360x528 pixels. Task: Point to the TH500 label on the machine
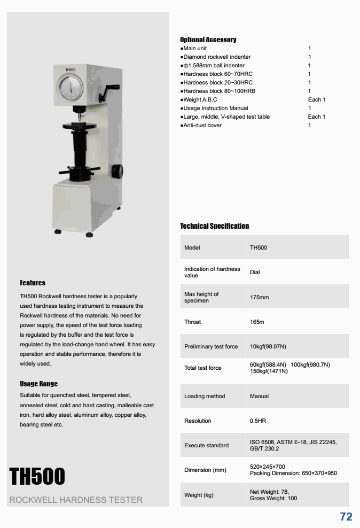coord(71,70)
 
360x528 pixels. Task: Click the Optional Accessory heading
coord(208,40)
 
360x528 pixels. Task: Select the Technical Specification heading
coord(214,226)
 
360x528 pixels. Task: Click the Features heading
coord(33,283)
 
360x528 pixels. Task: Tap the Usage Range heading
coord(38,384)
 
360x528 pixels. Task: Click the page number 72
coord(346,516)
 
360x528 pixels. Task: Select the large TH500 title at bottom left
coord(37,476)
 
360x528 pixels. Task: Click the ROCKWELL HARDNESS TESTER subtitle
coord(76,500)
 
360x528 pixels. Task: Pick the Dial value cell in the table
coord(255,273)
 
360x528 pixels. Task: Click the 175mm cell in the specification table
coord(259,297)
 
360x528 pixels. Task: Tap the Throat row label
coord(193,322)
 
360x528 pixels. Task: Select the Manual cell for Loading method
coord(259,396)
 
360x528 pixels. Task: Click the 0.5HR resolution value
coord(258,421)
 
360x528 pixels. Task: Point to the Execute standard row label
coord(206,445)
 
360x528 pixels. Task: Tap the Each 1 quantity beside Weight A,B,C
coord(316,99)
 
